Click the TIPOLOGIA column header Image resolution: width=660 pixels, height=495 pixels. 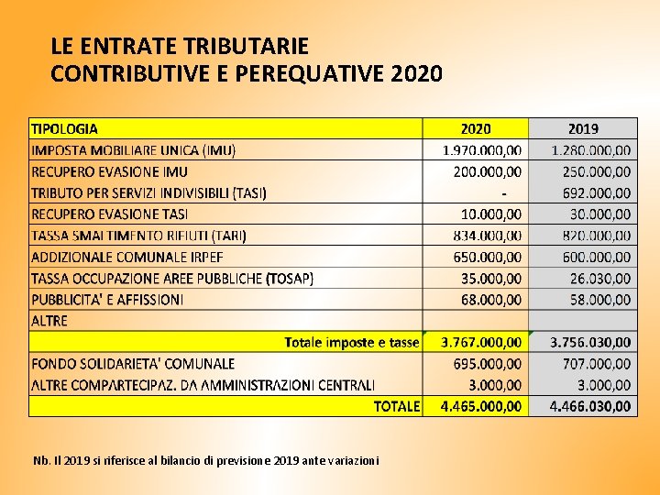[x=64, y=129]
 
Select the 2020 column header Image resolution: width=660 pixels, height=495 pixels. [x=476, y=129]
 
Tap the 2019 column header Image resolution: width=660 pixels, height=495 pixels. [x=583, y=129]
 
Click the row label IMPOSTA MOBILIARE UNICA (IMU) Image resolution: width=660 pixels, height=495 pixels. [x=133, y=150]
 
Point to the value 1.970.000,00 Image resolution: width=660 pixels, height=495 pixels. [x=482, y=150]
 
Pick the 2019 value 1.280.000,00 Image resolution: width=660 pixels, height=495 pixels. [x=591, y=150]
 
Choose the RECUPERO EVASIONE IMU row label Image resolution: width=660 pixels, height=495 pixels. [x=109, y=171]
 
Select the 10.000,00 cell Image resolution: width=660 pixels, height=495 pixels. [x=490, y=214]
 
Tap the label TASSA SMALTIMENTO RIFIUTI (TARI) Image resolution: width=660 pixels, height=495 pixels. [x=138, y=236]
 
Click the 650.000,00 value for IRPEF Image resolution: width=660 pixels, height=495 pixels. [x=487, y=257]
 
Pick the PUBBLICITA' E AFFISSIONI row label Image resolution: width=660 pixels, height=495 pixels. [x=107, y=300]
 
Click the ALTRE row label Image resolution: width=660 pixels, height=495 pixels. [x=49, y=321]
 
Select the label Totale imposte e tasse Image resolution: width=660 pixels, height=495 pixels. [x=352, y=343]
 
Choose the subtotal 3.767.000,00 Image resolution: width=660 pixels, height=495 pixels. [x=481, y=343]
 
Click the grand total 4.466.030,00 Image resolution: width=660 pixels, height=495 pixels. [x=590, y=406]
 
